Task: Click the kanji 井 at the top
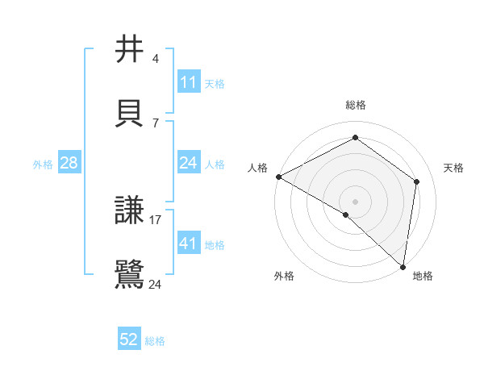130,50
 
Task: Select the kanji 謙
130,211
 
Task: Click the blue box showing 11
189,82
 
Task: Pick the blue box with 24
189,164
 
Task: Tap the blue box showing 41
189,244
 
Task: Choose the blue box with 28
69,164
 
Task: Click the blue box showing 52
129,340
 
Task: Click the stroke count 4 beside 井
156,60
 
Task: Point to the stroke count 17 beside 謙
156,220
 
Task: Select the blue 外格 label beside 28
43,165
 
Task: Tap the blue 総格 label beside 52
155,341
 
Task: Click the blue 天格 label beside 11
215,83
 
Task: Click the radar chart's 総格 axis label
356,105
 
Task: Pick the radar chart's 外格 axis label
284,276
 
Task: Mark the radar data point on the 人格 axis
278,177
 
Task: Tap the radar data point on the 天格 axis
417,181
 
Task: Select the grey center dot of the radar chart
355,201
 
